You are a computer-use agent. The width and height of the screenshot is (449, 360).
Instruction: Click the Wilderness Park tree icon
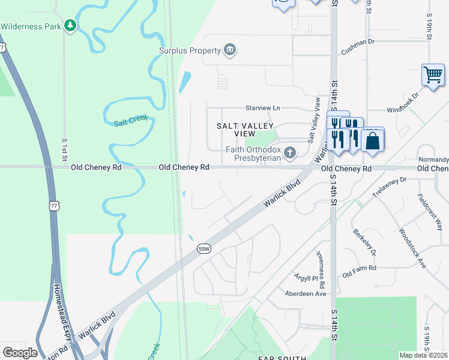71,26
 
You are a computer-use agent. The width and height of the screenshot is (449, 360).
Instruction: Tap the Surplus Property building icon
229,50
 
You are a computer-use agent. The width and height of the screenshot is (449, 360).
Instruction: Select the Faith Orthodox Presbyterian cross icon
291,153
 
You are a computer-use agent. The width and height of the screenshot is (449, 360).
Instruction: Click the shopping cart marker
432,75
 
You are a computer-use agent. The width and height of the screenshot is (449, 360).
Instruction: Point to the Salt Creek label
130,121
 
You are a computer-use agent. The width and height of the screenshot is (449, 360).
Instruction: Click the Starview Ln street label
262,108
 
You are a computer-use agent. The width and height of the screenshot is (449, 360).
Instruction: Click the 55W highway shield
204,248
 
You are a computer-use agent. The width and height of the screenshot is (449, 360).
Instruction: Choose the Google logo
20,352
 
